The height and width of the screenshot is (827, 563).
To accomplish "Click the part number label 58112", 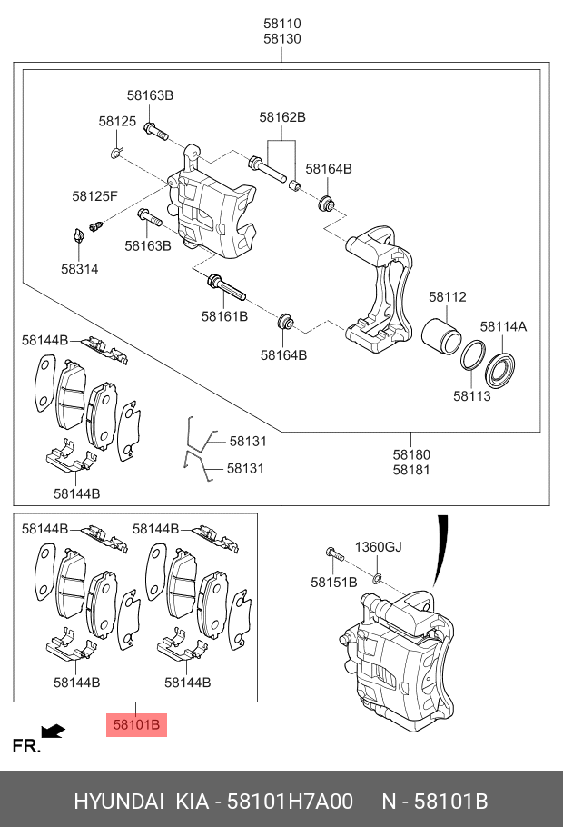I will pos(447,297).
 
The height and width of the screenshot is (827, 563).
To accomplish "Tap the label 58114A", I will pos(503,327).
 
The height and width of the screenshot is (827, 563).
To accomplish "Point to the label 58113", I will pos(471,396).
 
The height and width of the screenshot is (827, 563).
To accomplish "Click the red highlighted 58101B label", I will pos(136,724).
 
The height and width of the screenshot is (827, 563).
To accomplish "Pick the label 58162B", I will pos(282,117).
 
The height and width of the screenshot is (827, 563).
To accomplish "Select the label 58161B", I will pos(224,316).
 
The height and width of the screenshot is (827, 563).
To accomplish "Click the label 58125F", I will pos(95,195).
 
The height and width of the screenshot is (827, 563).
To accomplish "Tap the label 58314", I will pos(80,269).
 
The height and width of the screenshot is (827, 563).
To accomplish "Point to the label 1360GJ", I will pos(378,547).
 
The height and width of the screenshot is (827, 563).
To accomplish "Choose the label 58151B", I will pos(334,583).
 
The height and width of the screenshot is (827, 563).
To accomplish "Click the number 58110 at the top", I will pos(282,24).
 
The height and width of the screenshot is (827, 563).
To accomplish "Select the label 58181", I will pos(411,470).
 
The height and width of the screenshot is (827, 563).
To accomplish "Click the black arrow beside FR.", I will pos(54,730).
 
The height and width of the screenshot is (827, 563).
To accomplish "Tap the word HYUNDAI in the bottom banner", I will pos(119,802).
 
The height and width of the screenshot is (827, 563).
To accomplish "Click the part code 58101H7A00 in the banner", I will pos(290,802).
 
